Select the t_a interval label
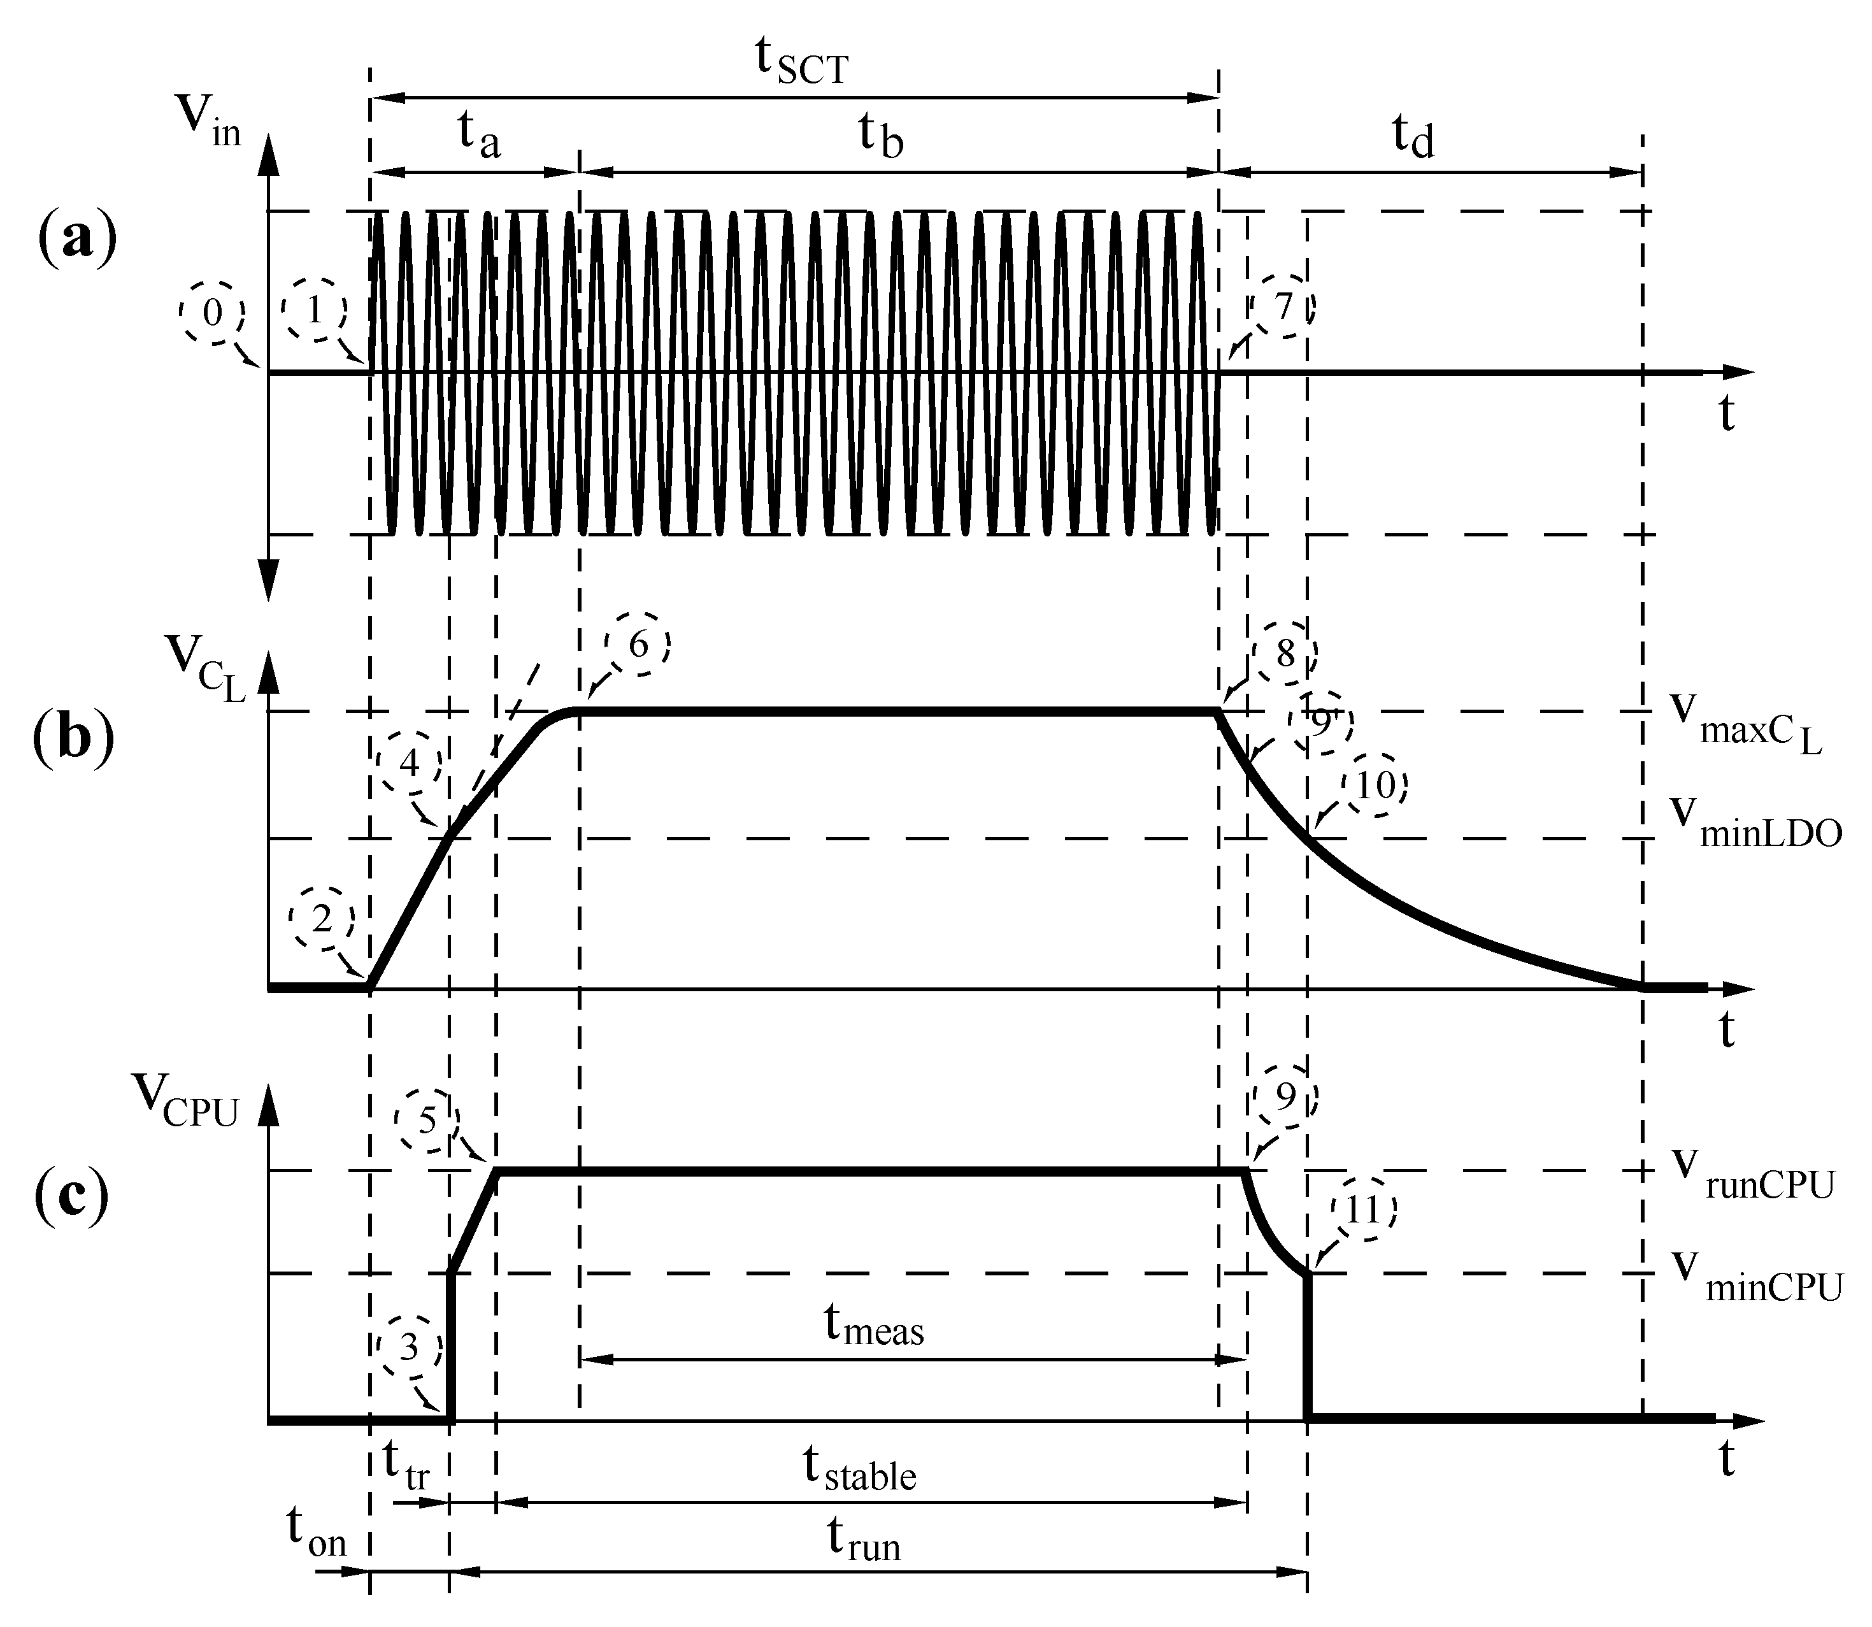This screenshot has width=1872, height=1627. pyautogui.click(x=478, y=136)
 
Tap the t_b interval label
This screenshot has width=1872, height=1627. pyautogui.click(x=881, y=136)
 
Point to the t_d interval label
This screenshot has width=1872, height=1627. pyautogui.click(x=1413, y=136)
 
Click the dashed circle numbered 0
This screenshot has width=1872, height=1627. pyautogui.click(x=211, y=313)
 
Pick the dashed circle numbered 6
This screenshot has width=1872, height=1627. pyautogui.click(x=638, y=645)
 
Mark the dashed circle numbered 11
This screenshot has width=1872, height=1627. pyautogui.click(x=1364, y=1209)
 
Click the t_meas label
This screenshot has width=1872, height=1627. pyautogui.click(x=873, y=1326)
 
